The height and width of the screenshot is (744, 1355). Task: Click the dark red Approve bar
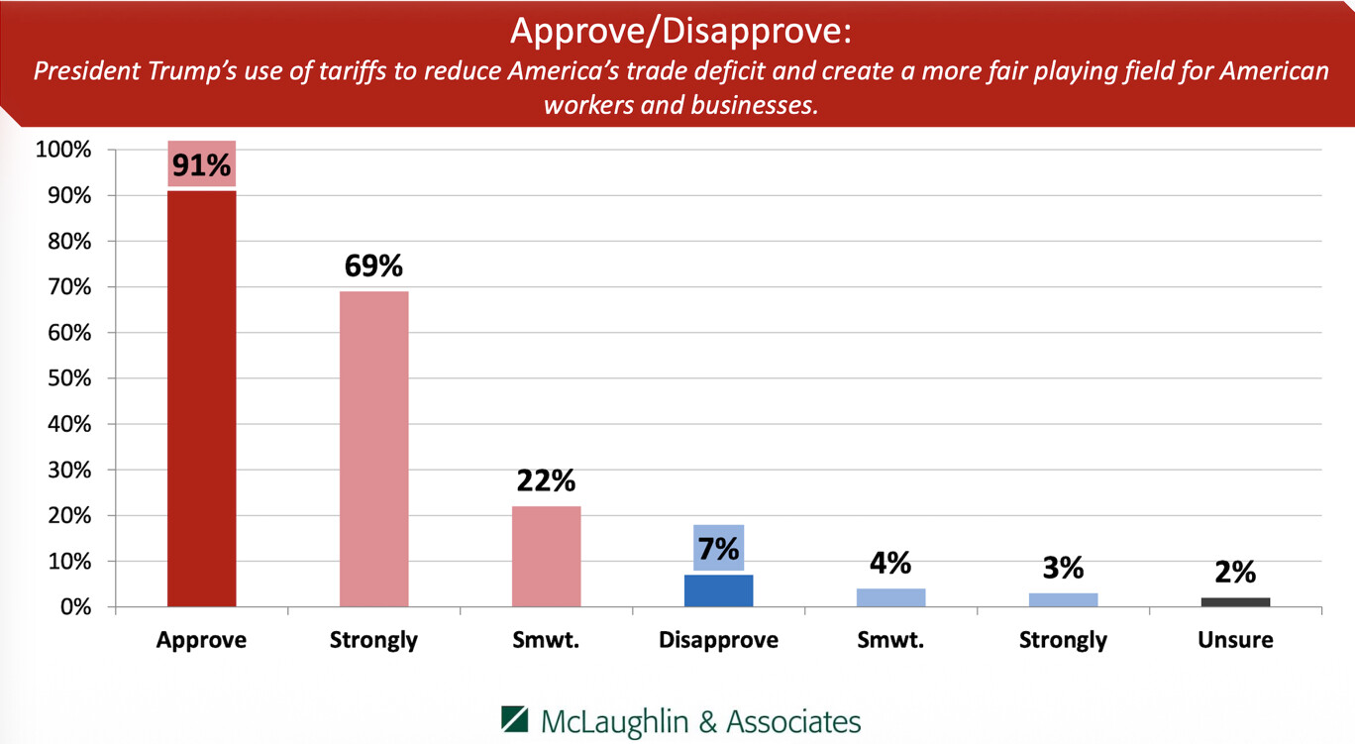click(201, 396)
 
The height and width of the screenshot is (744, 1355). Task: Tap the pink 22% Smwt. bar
click(546, 556)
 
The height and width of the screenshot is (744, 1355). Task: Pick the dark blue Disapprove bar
click(718, 590)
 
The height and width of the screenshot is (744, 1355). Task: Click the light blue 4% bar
click(890, 597)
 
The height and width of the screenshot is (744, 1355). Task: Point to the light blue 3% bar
click(1063, 599)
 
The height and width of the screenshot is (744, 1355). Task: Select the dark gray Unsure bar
click(1235, 601)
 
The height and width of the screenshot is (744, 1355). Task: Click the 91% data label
click(201, 164)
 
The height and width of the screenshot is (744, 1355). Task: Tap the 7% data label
click(718, 547)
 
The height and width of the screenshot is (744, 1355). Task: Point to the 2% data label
click(1235, 573)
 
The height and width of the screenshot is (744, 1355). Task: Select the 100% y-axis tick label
click(63, 151)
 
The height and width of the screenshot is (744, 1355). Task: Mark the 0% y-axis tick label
click(74, 606)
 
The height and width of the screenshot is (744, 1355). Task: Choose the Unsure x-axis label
click(1235, 640)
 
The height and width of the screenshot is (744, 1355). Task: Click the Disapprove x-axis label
click(718, 640)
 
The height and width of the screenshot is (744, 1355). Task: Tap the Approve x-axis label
click(201, 640)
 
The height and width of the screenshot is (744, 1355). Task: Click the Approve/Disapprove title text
click(679, 32)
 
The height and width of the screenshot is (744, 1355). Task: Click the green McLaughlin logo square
click(515, 720)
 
